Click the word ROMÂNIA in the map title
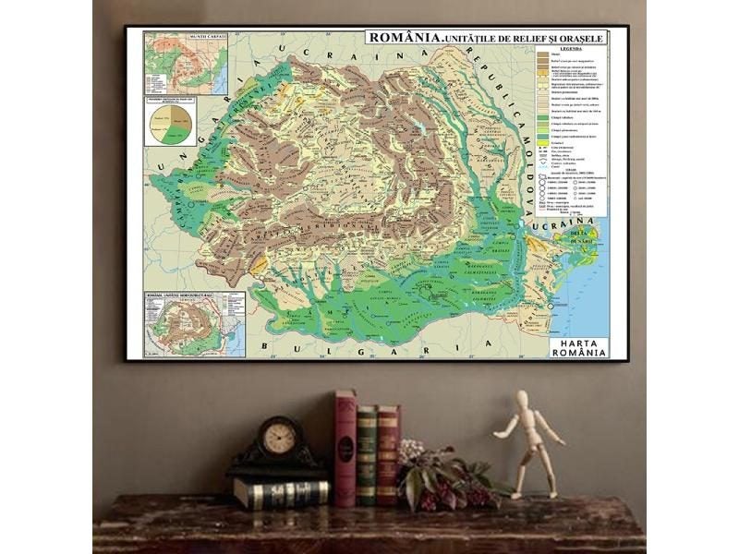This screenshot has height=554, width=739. point(403,37)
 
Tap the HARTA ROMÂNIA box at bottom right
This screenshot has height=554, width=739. point(577,346)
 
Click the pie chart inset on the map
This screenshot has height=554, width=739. point(171,122)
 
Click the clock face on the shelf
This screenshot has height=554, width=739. point(278,437)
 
